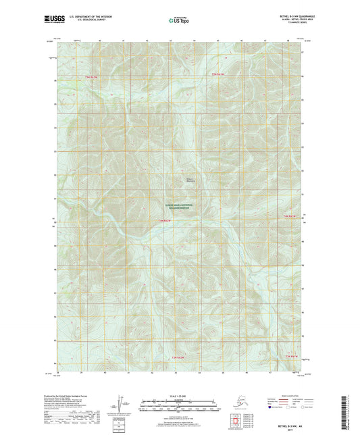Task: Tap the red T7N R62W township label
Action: coord(91,78)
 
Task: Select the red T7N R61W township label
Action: coord(215,73)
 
